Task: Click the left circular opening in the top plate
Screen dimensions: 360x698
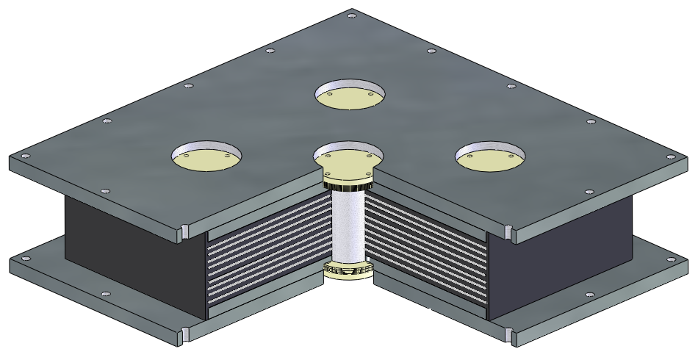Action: (x=206, y=155)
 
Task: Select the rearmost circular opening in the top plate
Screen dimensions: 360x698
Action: (x=350, y=95)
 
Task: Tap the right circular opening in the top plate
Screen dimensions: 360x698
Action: (x=490, y=155)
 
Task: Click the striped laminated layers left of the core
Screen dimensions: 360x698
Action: (x=268, y=250)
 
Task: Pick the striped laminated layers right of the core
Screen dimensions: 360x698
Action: (x=426, y=250)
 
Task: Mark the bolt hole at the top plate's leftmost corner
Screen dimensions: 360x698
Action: (x=26, y=156)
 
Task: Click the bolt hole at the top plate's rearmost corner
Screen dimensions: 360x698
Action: (x=352, y=13)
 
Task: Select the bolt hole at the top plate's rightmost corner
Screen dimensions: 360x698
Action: (x=669, y=156)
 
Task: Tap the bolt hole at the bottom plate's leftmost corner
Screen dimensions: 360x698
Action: (x=26, y=259)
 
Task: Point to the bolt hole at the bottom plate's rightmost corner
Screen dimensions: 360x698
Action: (x=669, y=258)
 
